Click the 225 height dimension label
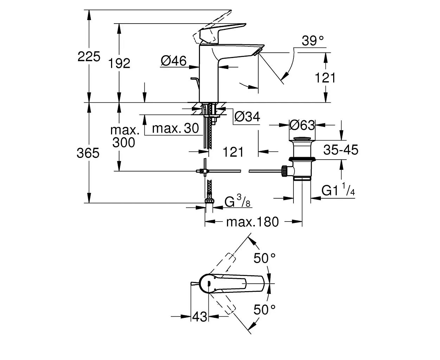tap(89, 56)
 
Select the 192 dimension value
tap(119, 63)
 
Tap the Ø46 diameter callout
tap(174, 61)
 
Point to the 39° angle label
tap(313, 41)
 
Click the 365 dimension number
tap(88, 153)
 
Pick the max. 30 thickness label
tap(175, 128)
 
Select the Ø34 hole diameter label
tap(247, 116)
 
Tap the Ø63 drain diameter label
tap(302, 124)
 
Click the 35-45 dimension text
tap(341, 150)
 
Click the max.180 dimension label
tap(252, 222)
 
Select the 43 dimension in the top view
tap(200, 317)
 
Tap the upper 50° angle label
tap(265, 258)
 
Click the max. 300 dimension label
tap(124, 136)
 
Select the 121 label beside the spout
tap(325, 78)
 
